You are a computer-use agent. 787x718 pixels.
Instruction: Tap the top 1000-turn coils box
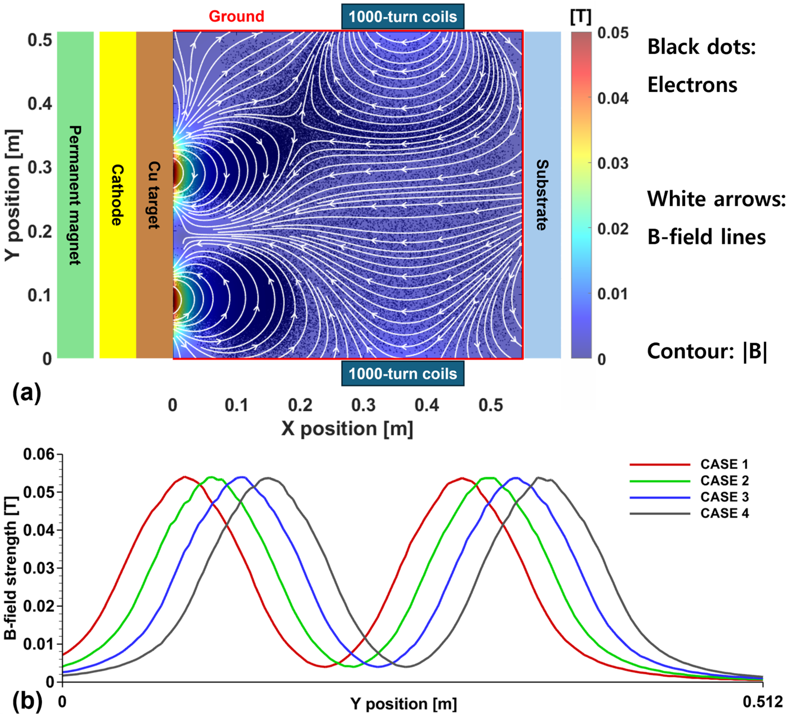(402, 17)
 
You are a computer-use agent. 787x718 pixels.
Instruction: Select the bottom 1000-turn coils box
(402, 374)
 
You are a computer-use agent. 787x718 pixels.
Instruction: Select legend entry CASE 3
(724, 497)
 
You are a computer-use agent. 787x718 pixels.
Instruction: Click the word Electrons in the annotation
(692, 85)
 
